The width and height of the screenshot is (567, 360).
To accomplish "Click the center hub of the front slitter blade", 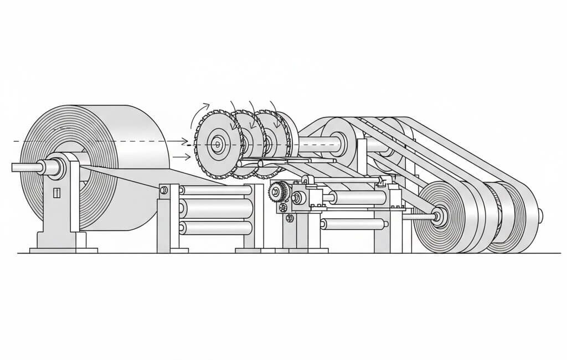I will coord(217,145).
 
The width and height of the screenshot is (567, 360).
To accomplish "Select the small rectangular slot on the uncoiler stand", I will coord(56,193).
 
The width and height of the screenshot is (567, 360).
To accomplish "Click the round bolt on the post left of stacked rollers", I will coord(164,191).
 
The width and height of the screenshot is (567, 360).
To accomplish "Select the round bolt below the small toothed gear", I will coord(290,218).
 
